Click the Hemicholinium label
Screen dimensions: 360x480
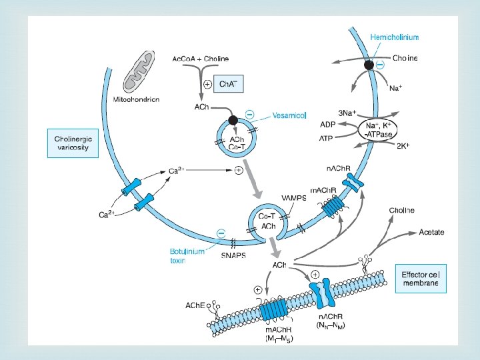point(395,37)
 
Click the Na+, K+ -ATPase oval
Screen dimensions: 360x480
point(379,129)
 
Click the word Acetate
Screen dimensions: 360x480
point(431,232)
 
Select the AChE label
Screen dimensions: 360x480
point(197,305)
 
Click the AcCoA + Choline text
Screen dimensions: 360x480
point(200,59)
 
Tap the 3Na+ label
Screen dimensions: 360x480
point(347,113)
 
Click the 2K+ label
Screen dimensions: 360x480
point(404,145)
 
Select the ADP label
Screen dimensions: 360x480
point(327,125)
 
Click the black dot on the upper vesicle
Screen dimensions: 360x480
point(233,120)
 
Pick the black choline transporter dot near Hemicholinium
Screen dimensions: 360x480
point(369,65)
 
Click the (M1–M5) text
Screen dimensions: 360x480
point(279,339)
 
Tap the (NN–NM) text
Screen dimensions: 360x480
point(331,325)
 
